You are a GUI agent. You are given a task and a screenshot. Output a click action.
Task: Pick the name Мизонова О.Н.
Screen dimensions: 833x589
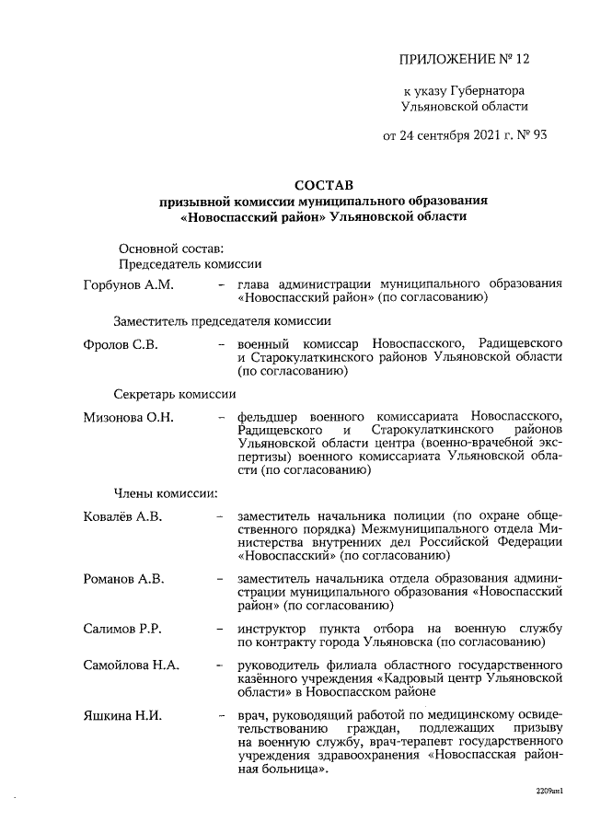coord(126,418)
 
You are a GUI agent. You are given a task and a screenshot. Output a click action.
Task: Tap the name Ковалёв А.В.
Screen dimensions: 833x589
coord(122,516)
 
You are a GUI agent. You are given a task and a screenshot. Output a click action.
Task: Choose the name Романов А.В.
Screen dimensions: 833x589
coord(123,579)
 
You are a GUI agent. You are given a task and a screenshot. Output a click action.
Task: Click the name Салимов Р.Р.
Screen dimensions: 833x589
coord(122,629)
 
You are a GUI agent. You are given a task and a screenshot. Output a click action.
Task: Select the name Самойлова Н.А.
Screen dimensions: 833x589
coord(131,665)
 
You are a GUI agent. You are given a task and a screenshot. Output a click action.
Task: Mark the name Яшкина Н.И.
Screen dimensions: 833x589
coord(122,715)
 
